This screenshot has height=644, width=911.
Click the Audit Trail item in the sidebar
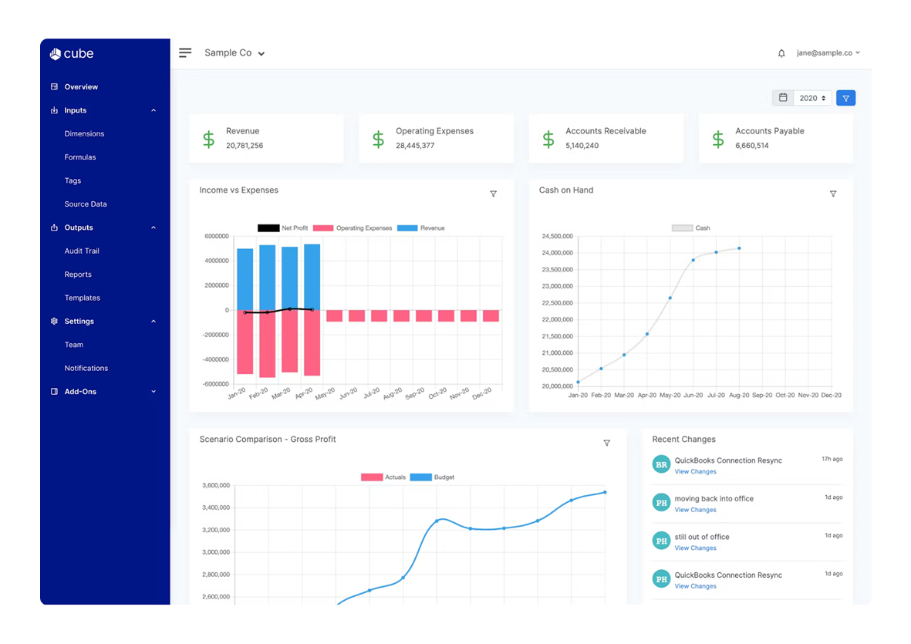coord(82,251)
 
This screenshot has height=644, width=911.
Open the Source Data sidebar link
coord(86,204)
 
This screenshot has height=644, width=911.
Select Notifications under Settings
coord(86,368)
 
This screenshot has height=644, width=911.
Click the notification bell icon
coord(781,53)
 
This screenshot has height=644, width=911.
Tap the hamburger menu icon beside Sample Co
coord(185,53)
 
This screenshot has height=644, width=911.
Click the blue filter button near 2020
coord(845,98)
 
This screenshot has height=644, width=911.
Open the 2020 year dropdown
coord(812,98)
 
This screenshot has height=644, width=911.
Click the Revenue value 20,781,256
coord(245,146)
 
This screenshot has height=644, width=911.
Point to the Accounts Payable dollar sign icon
coord(718,139)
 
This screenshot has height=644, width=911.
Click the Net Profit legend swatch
coord(268,228)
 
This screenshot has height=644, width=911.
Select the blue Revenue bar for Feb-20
coord(267,278)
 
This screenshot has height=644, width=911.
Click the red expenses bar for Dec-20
coord(491,316)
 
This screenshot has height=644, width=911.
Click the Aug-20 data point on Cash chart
coord(739,248)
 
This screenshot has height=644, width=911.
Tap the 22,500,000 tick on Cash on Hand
coord(552,303)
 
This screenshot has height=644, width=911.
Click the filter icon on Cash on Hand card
coord(833,194)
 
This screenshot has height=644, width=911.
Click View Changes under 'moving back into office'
coord(695,510)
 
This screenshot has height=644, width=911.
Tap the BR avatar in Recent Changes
coord(661,464)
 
